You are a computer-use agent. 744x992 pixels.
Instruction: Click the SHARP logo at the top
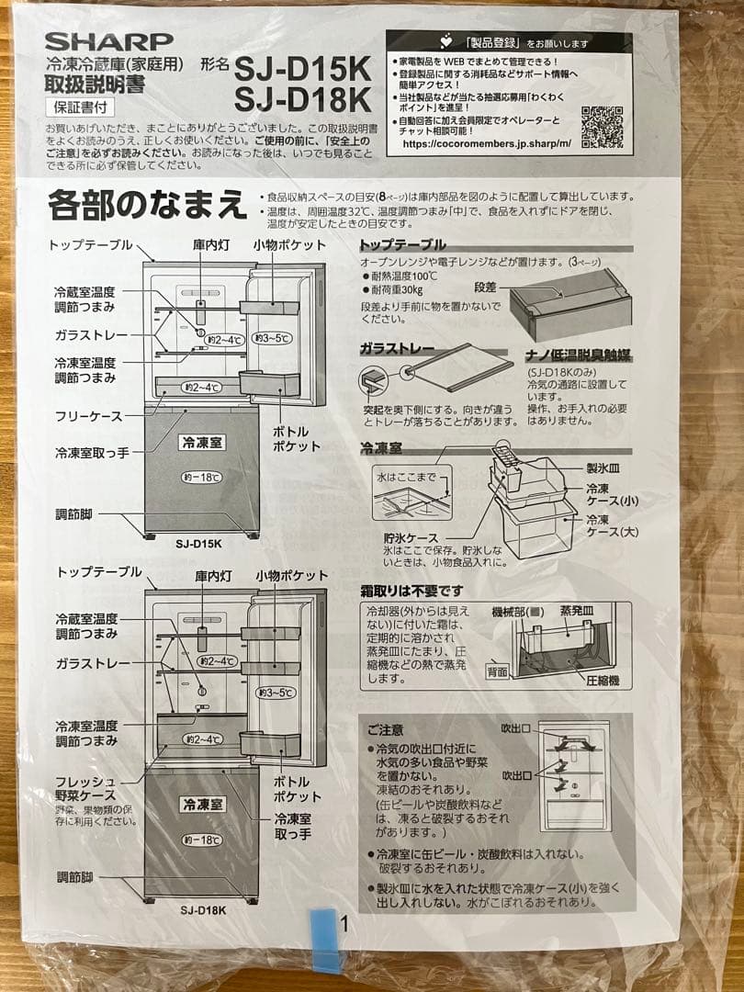(108, 40)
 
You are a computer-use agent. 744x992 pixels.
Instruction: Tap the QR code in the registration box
(602, 127)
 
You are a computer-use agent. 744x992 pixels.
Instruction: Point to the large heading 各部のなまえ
(147, 204)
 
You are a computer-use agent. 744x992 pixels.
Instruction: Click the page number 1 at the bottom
(344, 923)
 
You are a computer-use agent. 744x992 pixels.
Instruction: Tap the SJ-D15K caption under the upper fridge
(198, 543)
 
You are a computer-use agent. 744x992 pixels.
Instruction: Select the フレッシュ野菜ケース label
(85, 788)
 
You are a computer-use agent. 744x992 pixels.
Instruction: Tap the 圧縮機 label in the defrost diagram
(603, 681)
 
